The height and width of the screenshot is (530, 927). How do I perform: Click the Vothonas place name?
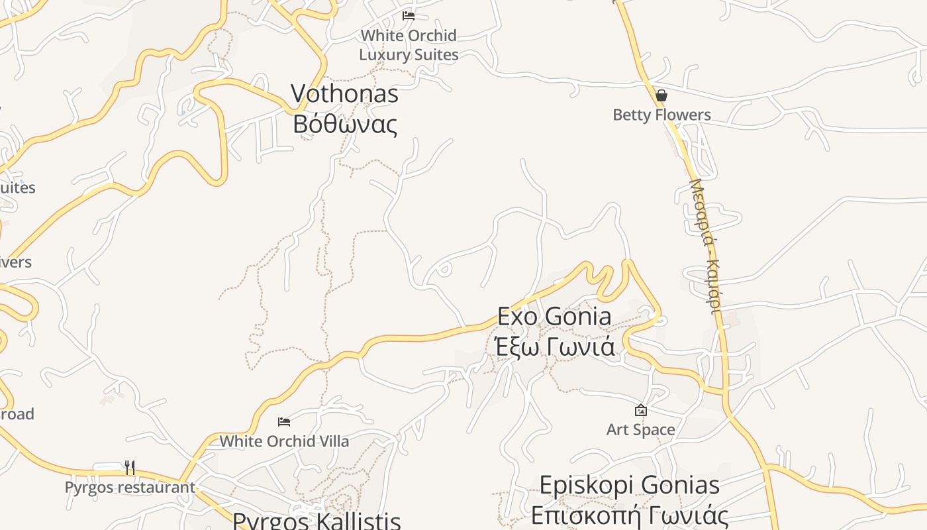coord(344,94)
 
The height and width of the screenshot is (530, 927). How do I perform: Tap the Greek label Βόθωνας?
coord(344,124)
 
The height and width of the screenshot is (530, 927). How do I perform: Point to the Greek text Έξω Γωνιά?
coord(554,346)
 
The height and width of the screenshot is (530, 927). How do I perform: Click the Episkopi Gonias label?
coord(629,485)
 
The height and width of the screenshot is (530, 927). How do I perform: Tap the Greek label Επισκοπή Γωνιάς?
coord(629,515)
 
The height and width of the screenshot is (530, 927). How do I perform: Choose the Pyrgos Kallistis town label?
coord(317,520)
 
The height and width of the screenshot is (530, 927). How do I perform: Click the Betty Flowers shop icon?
coord(661,95)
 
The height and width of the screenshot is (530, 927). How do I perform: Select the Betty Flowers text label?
coord(661,115)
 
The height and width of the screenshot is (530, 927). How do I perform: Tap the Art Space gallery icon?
coord(640,410)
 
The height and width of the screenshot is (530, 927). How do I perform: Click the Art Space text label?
coord(640,430)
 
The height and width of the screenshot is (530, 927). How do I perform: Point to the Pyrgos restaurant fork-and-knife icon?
coord(130,468)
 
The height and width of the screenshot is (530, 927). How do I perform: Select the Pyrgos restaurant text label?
coord(130,488)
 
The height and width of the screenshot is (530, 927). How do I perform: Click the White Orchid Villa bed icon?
coord(284,421)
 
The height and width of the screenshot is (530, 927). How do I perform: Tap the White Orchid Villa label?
coord(284,441)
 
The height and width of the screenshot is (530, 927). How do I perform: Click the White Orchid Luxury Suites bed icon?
coord(409,15)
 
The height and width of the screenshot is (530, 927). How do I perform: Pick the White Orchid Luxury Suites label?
coord(409,45)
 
